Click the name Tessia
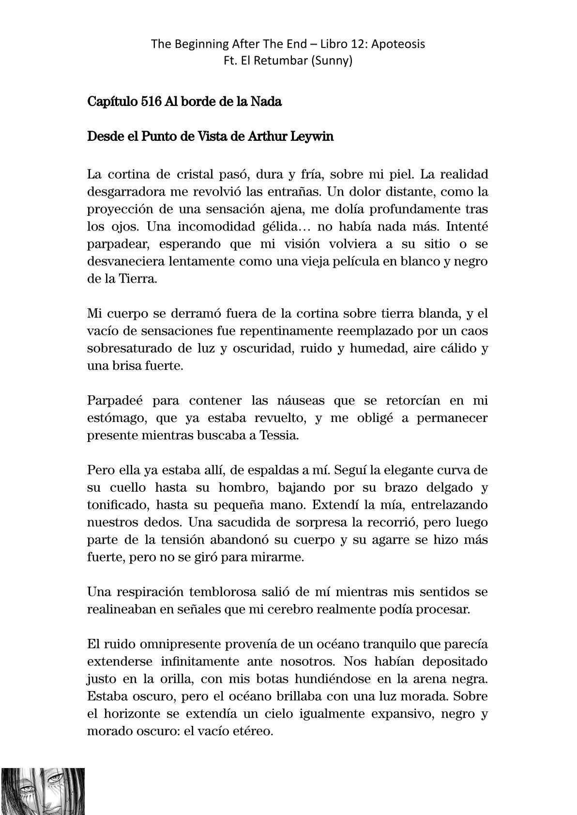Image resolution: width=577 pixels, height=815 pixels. tap(279, 435)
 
